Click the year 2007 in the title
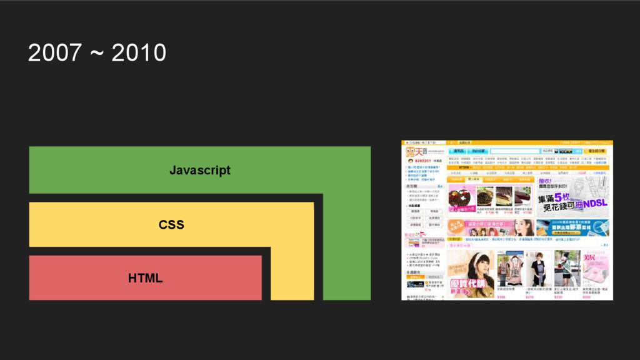[x=54, y=54]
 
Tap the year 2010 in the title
[x=139, y=54]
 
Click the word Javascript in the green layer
[x=200, y=170]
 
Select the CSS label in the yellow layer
[x=171, y=224]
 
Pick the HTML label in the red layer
[x=146, y=278]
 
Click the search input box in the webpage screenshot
[x=514, y=151]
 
